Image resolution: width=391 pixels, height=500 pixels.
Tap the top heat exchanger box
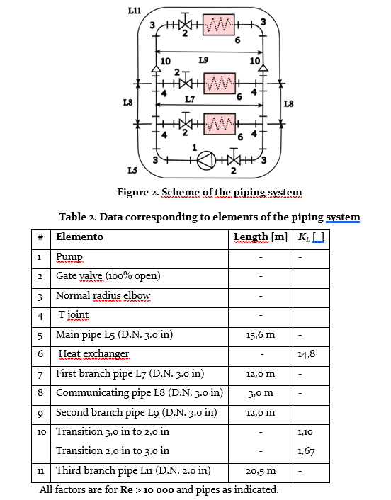(x=220, y=24)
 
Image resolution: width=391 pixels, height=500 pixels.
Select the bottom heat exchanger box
(x=220, y=123)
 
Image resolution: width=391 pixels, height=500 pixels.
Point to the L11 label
(x=133, y=9)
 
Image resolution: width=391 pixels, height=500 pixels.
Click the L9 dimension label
(x=204, y=59)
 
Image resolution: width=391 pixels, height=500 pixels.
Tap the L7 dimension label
(x=190, y=99)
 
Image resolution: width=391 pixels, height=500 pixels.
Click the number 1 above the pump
(x=195, y=147)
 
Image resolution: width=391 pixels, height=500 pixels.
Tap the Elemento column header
(x=79, y=237)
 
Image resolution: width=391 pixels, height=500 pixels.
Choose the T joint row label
(x=74, y=314)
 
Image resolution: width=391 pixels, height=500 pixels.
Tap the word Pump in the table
(x=69, y=256)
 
